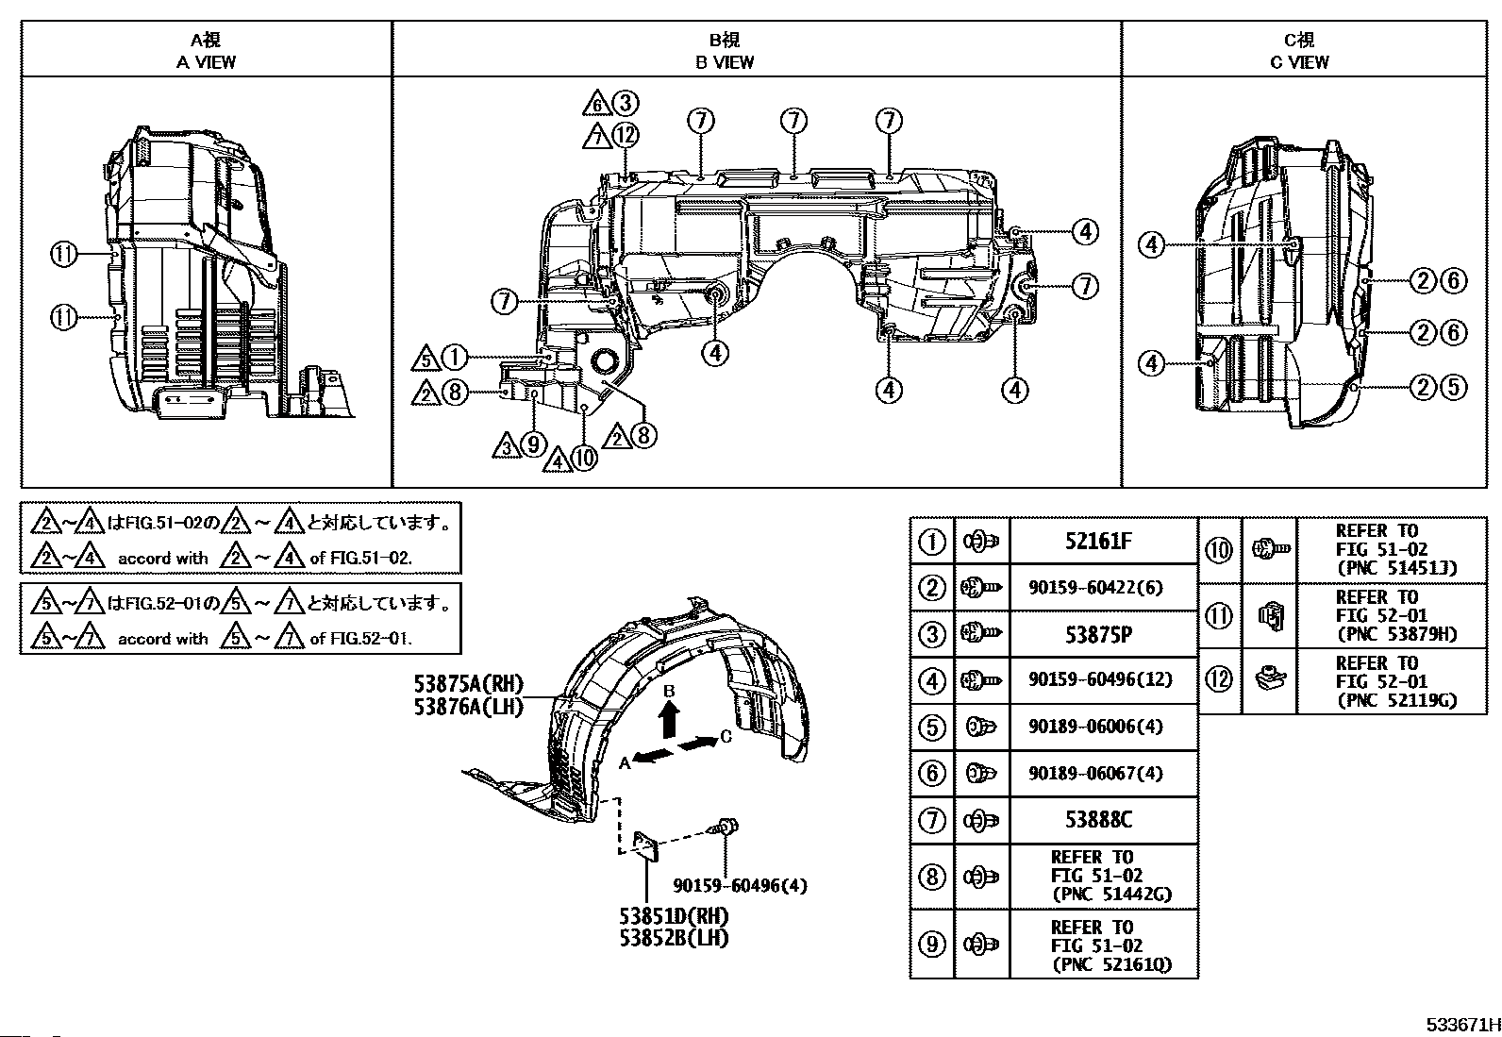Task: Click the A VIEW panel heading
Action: click(206, 51)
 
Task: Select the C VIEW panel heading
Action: click(1299, 51)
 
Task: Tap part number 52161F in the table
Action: click(1098, 541)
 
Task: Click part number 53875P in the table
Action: click(1098, 634)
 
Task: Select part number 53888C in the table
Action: click(1098, 820)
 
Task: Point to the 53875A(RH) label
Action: click(468, 683)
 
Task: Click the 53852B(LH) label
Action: click(674, 939)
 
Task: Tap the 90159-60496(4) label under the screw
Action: click(741, 886)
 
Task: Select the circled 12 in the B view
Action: click(626, 136)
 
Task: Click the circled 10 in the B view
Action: click(584, 459)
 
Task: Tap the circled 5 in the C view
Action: click(1454, 387)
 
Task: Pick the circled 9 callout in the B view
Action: click(534, 444)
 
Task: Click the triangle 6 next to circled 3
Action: click(595, 104)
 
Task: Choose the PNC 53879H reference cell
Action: click(1392, 616)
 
